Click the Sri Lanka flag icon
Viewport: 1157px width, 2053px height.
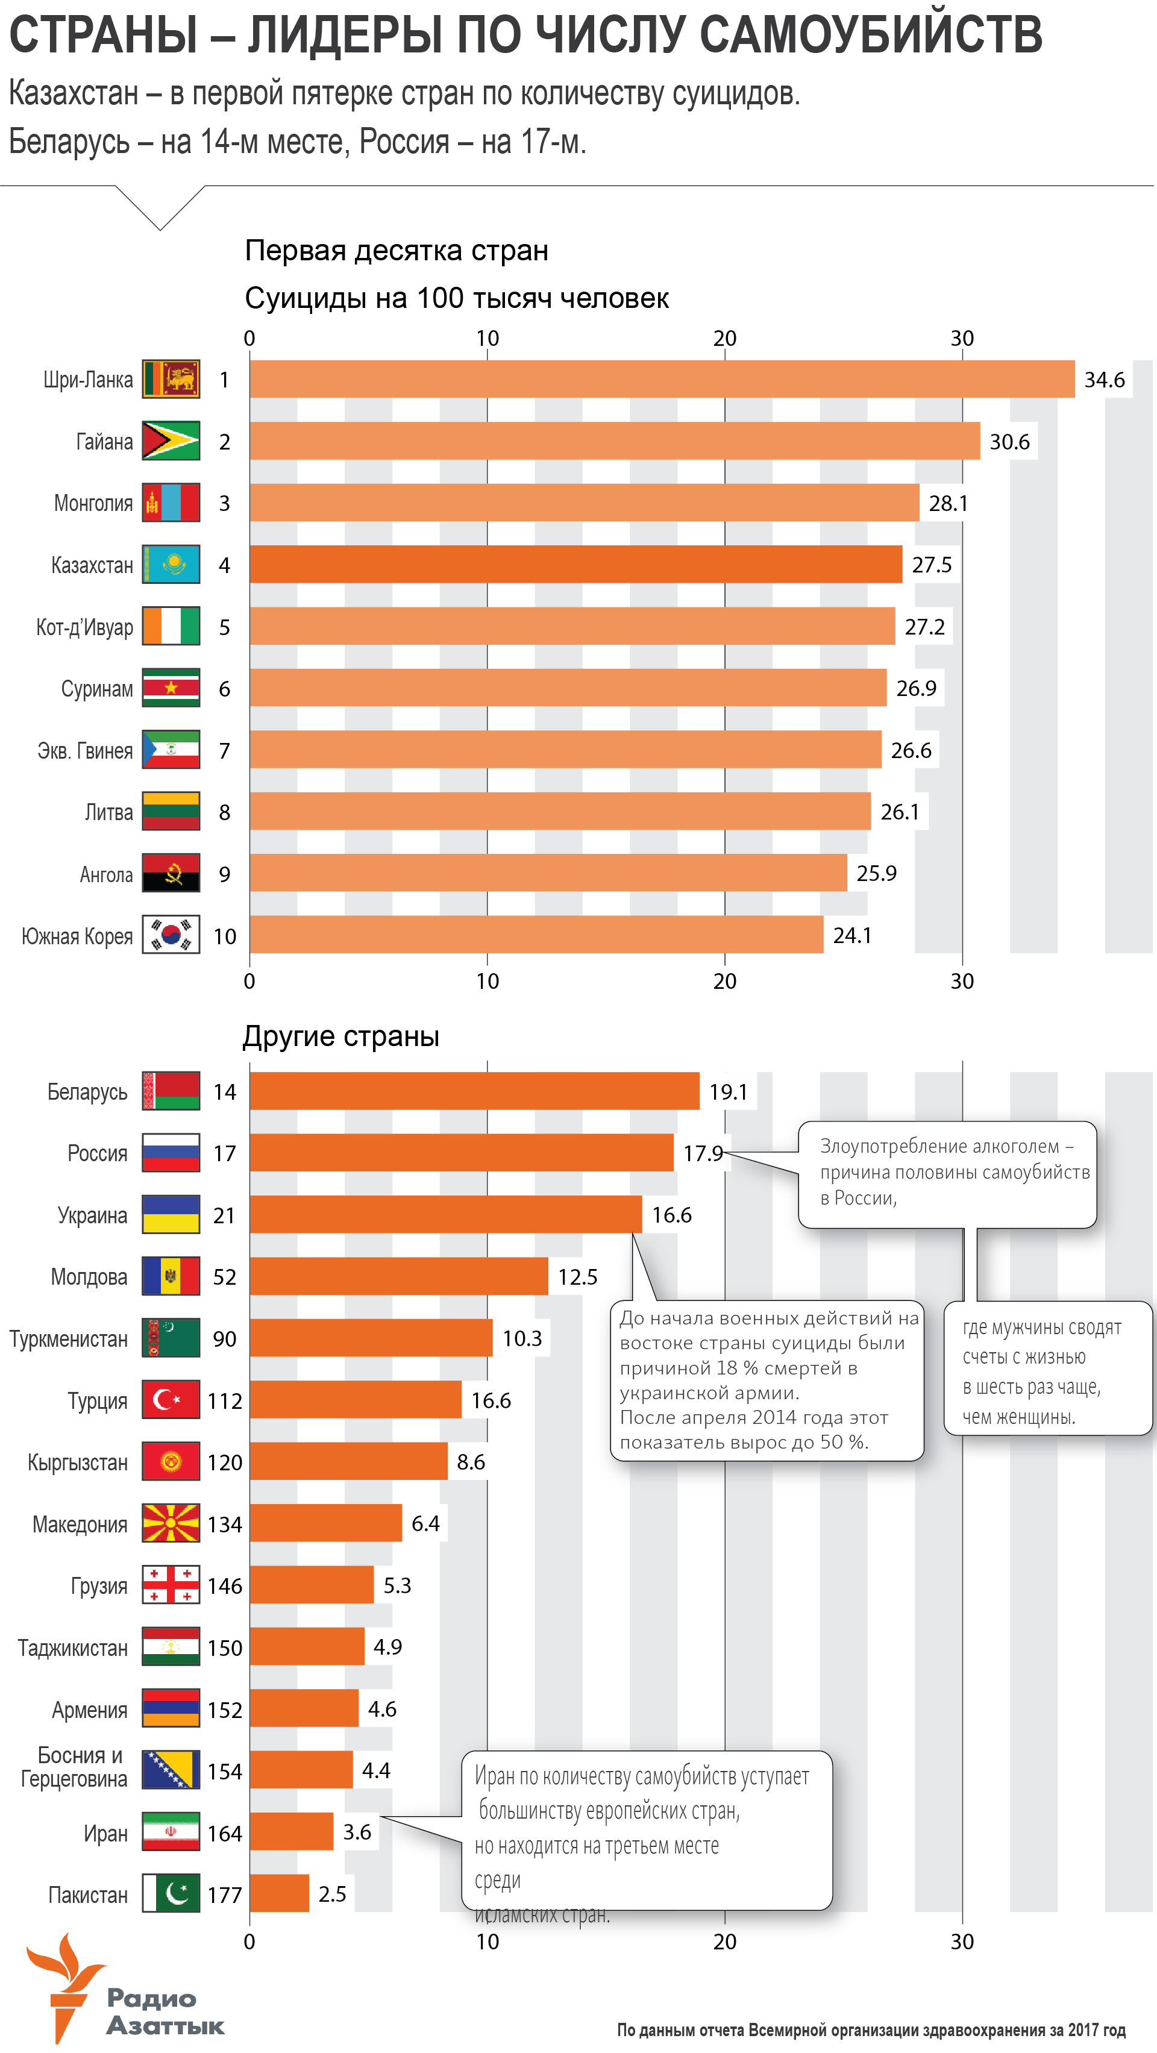(171, 380)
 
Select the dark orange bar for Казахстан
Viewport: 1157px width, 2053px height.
(575, 564)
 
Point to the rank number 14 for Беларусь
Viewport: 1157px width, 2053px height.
(225, 1092)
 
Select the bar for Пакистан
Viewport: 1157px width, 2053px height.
(279, 1893)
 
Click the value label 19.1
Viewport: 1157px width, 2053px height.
(729, 1092)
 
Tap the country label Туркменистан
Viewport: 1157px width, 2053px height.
(69, 1339)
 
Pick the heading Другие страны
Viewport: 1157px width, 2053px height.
(341, 1036)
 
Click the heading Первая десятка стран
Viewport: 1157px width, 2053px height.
(396, 250)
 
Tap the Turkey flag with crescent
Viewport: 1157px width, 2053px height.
(171, 1399)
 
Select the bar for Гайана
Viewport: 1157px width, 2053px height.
(613, 440)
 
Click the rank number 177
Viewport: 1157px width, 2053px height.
(225, 1895)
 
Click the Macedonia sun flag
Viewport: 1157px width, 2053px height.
(171, 1523)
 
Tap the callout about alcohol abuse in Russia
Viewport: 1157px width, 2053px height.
(948, 1173)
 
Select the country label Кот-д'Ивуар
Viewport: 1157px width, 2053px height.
(84, 627)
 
